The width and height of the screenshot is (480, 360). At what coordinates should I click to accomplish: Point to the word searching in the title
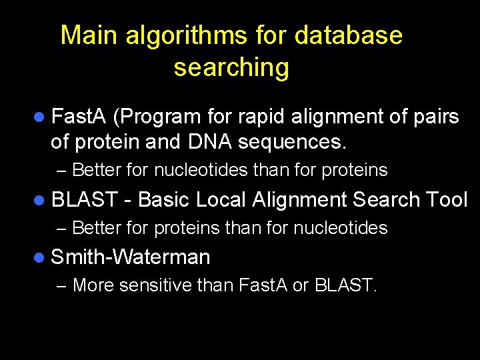[231, 67]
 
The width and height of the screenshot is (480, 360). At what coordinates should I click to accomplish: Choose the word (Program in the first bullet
[157, 117]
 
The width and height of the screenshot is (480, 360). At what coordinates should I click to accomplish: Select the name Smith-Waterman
[131, 257]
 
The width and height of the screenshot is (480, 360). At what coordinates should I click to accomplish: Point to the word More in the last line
[91, 286]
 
